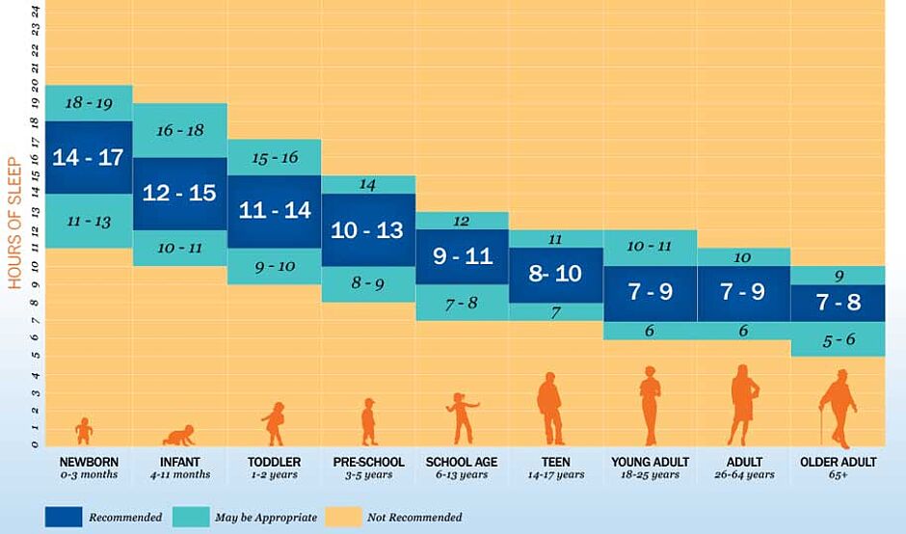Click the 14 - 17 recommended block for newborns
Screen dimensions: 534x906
click(x=87, y=157)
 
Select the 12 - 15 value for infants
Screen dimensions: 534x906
click(x=179, y=193)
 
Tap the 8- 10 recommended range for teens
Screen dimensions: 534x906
click(x=555, y=274)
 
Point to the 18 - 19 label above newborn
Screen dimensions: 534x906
click(x=87, y=102)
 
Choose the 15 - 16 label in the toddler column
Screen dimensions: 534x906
click(x=274, y=157)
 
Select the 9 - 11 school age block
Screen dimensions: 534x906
click(x=461, y=256)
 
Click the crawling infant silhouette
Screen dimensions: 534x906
click(x=178, y=435)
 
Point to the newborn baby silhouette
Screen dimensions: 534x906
click(x=85, y=431)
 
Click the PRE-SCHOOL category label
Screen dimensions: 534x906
click(x=367, y=462)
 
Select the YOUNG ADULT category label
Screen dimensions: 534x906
click(x=649, y=462)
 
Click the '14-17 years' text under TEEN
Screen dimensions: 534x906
click(x=555, y=475)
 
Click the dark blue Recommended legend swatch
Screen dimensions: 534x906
click(x=63, y=517)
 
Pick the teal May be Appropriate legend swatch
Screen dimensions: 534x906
click(x=191, y=517)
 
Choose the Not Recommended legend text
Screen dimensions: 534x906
click(x=413, y=518)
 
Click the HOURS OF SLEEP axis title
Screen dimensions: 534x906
click(x=15, y=209)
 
